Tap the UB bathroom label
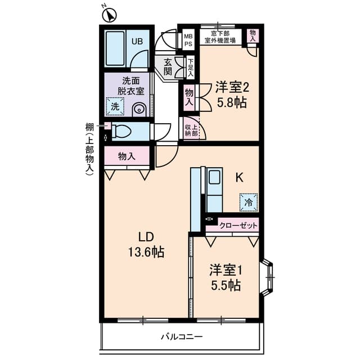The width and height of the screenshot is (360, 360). [137, 40]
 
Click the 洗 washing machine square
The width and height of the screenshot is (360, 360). [115, 106]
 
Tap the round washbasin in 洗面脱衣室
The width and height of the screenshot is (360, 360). [139, 109]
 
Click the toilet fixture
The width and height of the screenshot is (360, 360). [120, 132]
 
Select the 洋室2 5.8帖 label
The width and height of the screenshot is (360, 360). [231, 94]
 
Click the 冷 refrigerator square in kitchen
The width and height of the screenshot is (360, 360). [248, 201]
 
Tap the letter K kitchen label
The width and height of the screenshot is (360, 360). [239, 178]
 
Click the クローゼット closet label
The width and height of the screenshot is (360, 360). [238, 226]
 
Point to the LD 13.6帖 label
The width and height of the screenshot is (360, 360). [146, 245]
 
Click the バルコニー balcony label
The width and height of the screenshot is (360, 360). [181, 337]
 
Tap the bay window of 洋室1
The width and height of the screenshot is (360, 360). [269, 277]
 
